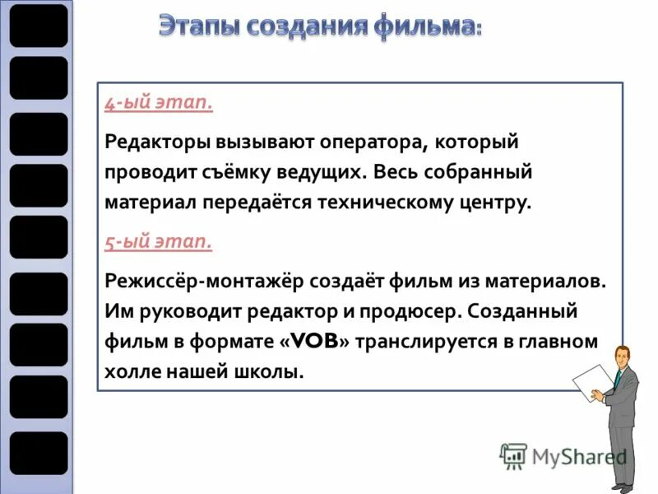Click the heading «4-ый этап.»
(x=159, y=105)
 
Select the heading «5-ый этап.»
(x=159, y=242)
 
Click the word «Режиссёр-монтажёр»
(x=205, y=281)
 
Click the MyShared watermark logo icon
(x=513, y=456)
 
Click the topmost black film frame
(x=39, y=25)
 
